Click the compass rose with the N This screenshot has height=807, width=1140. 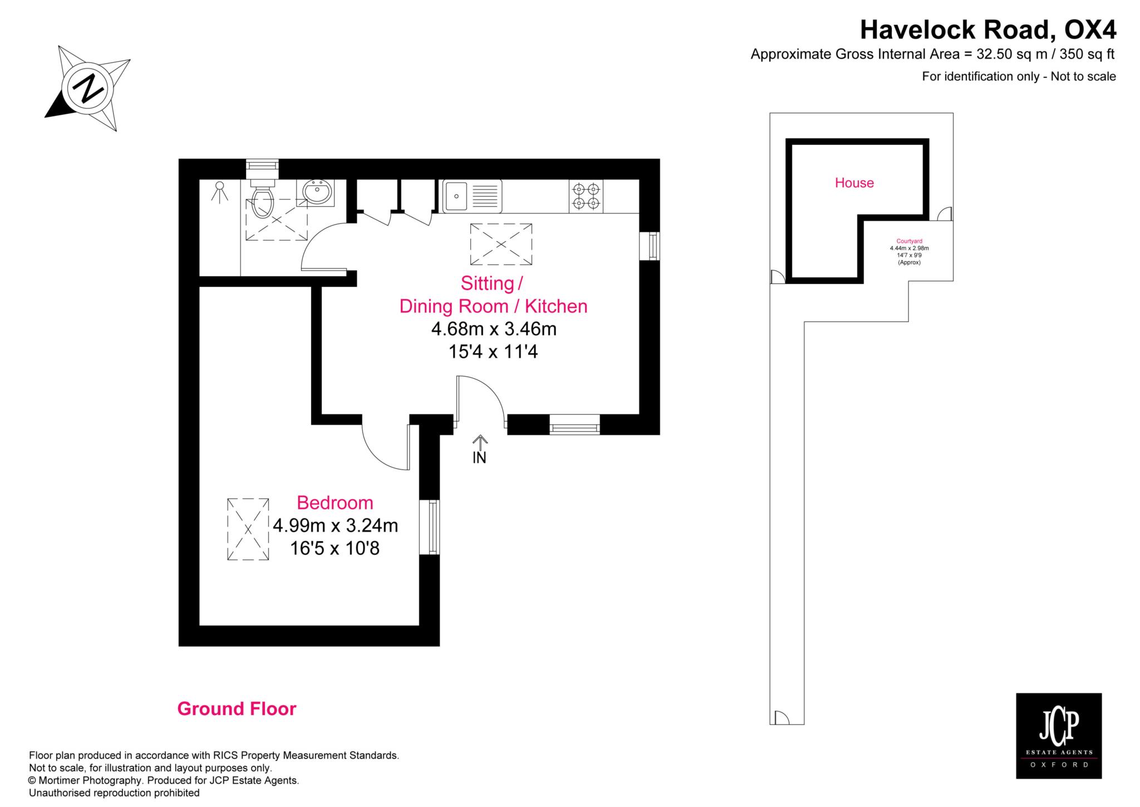coord(88,89)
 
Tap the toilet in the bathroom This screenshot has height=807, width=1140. coord(262,199)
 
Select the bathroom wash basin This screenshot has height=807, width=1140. coord(318,192)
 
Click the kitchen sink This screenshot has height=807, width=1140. coord(472,196)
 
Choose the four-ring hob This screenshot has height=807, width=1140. coord(586,196)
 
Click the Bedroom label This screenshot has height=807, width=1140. coord(335,502)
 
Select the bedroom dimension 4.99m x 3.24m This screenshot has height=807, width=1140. coord(335,525)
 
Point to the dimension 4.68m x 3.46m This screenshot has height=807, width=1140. coord(494,329)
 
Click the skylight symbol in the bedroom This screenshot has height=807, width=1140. coord(248,529)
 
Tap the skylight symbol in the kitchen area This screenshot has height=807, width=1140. coord(501,244)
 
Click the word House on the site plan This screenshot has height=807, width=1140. coord(854,183)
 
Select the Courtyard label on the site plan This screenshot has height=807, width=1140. coord(909,241)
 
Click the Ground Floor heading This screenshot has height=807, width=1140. coord(237,709)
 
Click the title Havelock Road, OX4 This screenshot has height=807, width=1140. coord(988,30)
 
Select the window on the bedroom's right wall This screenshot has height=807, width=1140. coord(429,527)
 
